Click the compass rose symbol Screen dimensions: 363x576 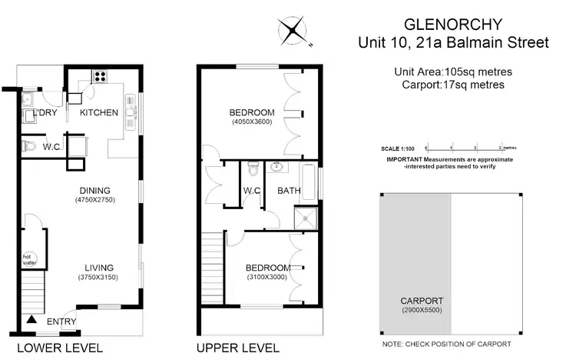click(293, 32)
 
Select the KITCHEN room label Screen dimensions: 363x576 click(99, 113)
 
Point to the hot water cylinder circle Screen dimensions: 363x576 click(30, 260)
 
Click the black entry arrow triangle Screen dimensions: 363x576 click(31, 318)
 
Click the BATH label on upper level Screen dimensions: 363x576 click(289, 191)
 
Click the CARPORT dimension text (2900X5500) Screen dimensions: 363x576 click(422, 311)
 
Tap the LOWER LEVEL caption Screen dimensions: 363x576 click(60, 348)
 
